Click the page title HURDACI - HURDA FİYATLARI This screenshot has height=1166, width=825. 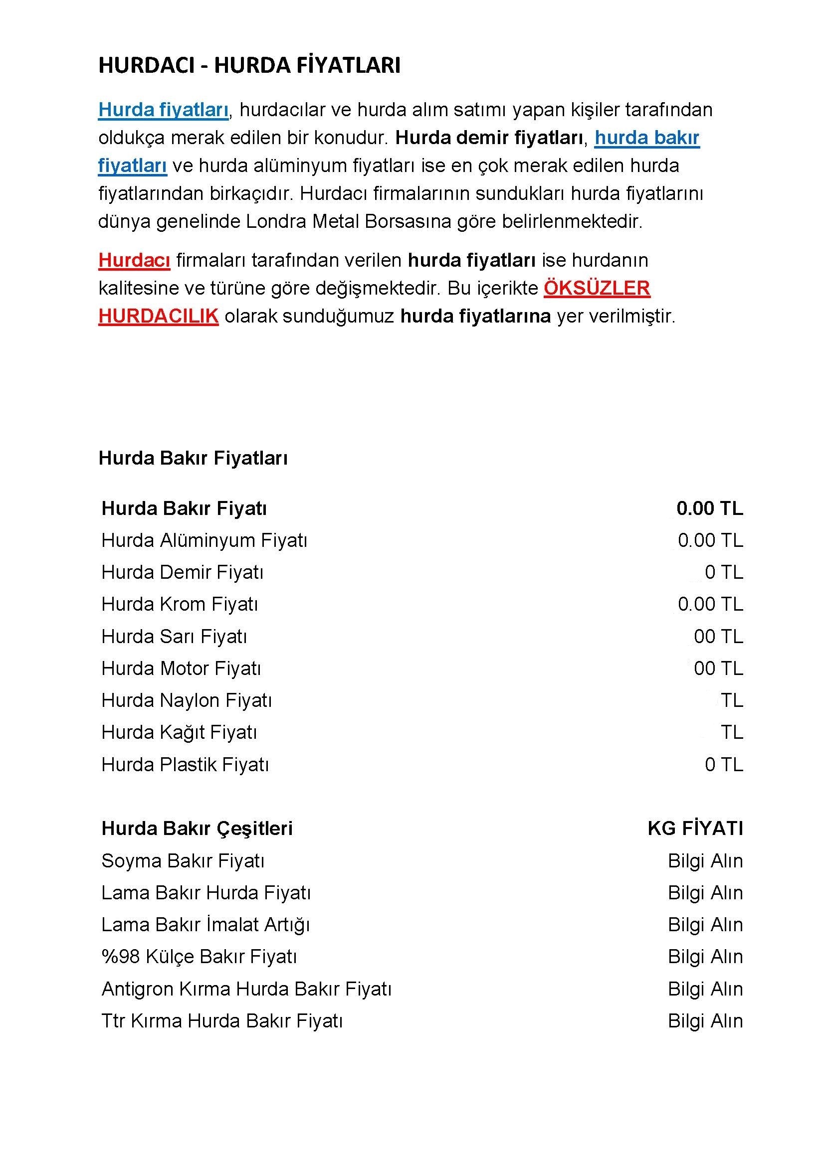[249, 66]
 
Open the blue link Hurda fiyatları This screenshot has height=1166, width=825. [163, 110]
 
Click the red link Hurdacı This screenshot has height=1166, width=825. [134, 260]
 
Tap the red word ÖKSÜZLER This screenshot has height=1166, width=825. [597, 288]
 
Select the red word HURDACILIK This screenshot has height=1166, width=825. [158, 316]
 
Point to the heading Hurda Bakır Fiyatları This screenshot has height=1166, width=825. [193, 458]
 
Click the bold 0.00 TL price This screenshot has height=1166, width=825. [709, 508]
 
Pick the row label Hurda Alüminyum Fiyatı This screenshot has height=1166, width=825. [204, 540]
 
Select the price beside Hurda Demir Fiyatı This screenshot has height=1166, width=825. [723, 572]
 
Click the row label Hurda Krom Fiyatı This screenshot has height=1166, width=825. [180, 604]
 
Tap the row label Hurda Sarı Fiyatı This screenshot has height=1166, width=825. [174, 636]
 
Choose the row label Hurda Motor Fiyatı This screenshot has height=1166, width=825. [181, 668]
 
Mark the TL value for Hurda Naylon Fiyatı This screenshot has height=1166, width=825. [732, 700]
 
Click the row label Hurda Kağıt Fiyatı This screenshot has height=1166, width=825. [179, 732]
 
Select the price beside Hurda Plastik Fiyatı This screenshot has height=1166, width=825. [723, 764]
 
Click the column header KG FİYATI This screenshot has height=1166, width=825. [695, 829]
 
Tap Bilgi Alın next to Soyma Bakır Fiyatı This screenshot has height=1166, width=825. [705, 861]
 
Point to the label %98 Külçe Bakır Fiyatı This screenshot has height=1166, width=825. [199, 957]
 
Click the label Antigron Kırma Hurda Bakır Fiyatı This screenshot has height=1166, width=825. [246, 989]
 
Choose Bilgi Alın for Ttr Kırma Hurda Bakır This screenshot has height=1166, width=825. [705, 1021]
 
